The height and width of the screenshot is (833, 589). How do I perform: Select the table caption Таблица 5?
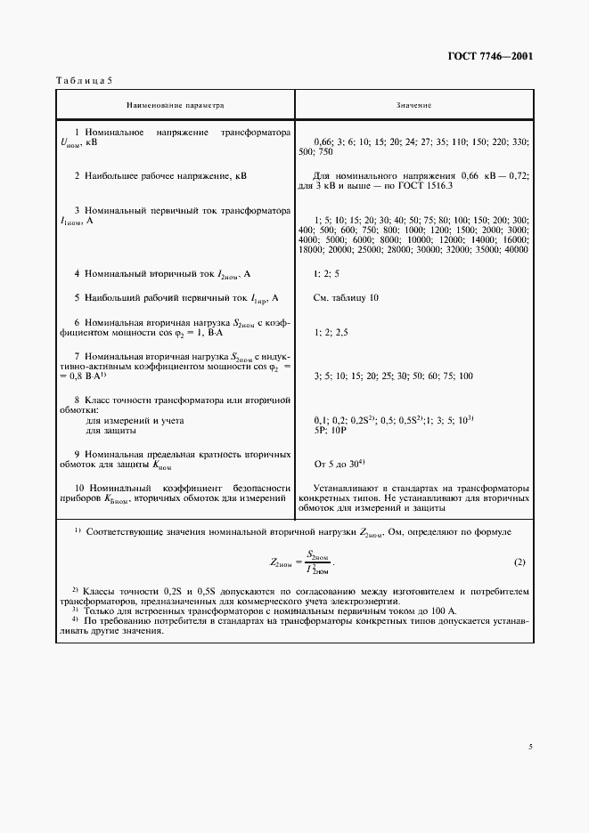pos(84,81)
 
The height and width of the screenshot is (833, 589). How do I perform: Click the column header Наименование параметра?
pos(175,105)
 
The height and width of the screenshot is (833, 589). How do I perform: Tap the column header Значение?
pos(413,105)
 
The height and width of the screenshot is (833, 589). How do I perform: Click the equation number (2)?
pos(519,562)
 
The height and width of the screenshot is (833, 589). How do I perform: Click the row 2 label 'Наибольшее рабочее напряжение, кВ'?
pos(160,176)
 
